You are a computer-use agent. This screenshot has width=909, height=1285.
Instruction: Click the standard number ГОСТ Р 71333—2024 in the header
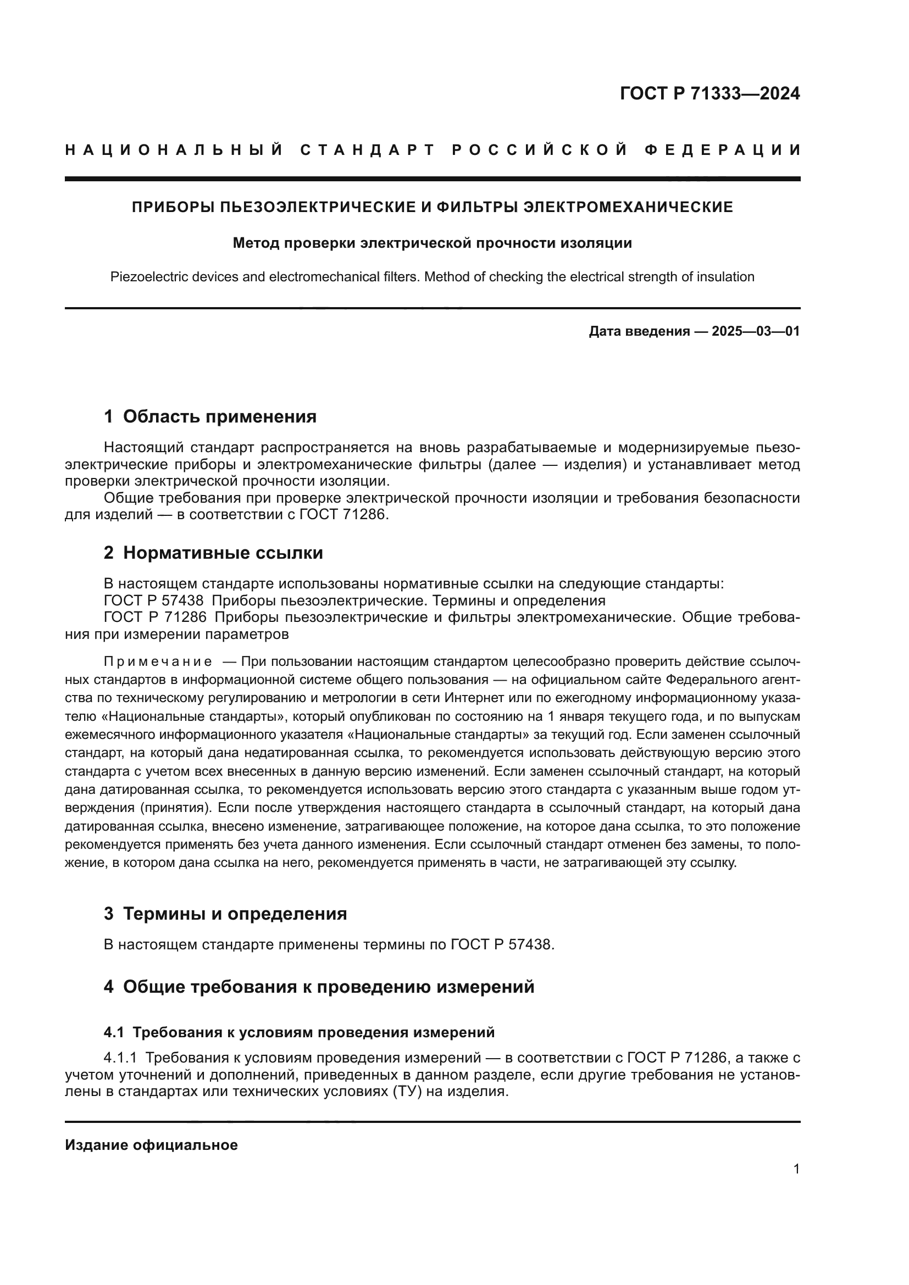point(710,93)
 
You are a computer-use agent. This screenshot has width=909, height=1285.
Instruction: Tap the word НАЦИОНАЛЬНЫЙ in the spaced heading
point(174,150)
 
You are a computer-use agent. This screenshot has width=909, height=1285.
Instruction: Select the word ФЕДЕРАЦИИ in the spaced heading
point(723,150)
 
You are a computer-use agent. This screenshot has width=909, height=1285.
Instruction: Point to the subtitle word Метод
point(255,243)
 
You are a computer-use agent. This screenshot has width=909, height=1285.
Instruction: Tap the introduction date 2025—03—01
point(756,331)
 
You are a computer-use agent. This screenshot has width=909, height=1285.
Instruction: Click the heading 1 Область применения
point(210,416)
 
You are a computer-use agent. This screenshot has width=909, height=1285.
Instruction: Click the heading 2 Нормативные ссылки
point(213,553)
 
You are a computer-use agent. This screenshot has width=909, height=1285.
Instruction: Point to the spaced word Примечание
point(158,662)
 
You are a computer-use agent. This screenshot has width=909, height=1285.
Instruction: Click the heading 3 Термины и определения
point(225,914)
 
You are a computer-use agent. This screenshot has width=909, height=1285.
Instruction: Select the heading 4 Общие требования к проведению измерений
point(319,987)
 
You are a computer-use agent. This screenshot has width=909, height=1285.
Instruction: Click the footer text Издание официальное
point(151,1145)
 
